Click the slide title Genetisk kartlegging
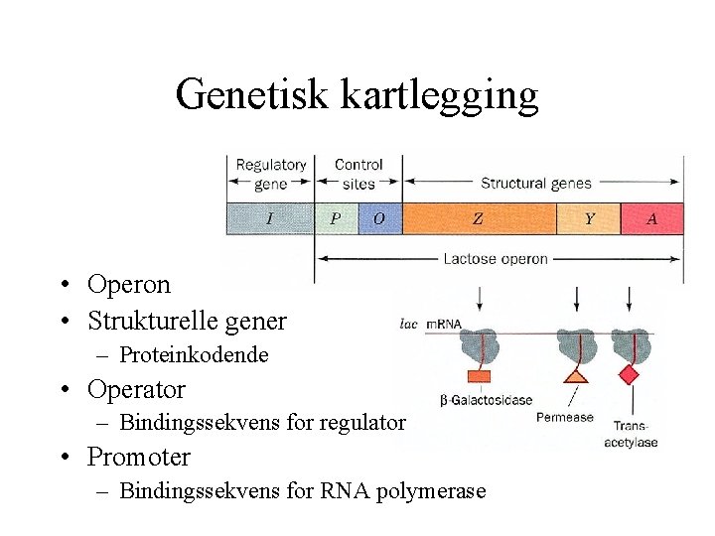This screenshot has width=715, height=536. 357,95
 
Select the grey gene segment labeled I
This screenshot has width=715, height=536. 270,218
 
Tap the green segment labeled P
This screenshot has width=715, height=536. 336,218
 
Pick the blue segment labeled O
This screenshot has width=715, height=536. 379,218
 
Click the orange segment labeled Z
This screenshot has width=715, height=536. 478,218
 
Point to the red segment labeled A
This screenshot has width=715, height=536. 651,218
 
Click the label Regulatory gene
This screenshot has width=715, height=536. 270,174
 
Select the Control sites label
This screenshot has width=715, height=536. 358,174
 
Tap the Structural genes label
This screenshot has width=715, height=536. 535,183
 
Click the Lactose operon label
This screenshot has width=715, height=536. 496,259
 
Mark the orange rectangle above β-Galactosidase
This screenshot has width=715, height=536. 479,376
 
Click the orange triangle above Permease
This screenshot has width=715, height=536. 576,375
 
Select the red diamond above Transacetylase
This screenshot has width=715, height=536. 629,374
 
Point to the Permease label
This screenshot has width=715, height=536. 564,417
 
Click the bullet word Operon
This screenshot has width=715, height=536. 128,285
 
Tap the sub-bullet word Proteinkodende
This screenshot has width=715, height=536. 194,355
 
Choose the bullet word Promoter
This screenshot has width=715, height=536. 139,458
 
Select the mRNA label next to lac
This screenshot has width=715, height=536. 444,323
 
